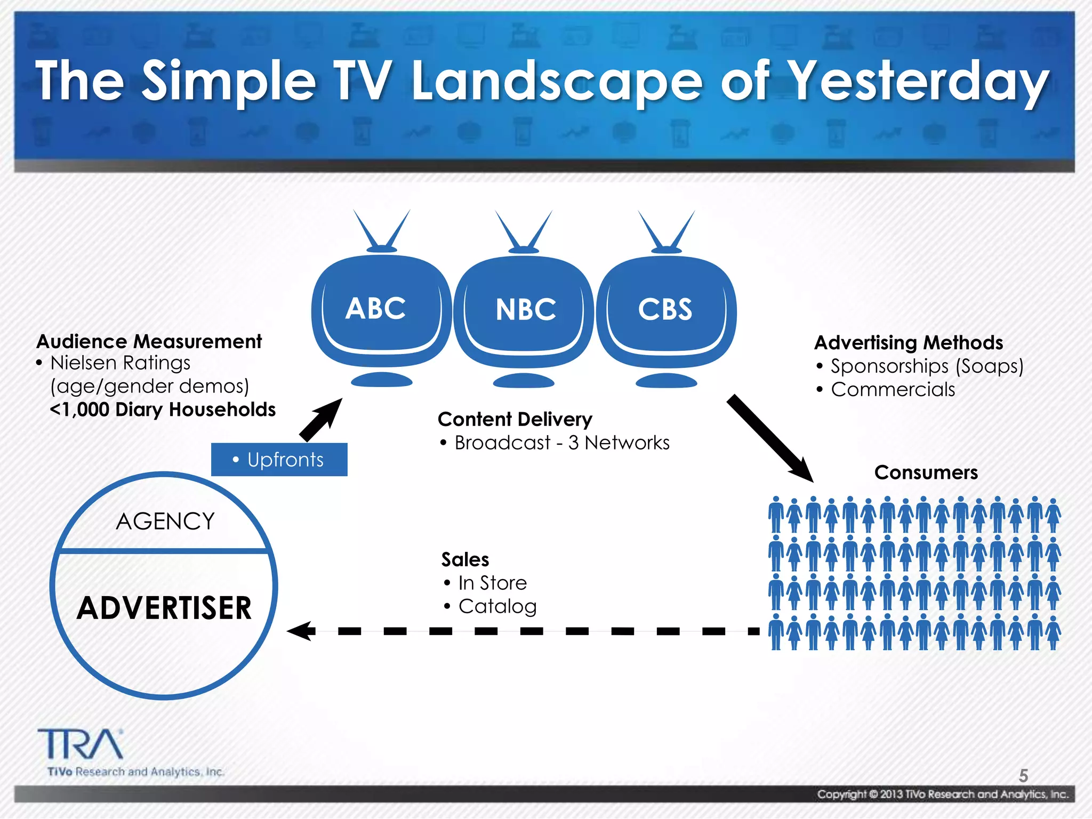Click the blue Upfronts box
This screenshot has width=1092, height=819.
pyautogui.click(x=279, y=460)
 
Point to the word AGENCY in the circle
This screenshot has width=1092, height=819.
pyautogui.click(x=165, y=521)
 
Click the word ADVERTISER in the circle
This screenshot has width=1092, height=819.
pyautogui.click(x=164, y=608)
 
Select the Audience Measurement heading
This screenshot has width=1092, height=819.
pyautogui.click(x=149, y=341)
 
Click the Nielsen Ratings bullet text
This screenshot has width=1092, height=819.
pyautogui.click(x=121, y=363)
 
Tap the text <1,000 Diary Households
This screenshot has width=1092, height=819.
pyautogui.click(x=163, y=409)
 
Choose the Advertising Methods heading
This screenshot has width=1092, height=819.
pyautogui.click(x=909, y=342)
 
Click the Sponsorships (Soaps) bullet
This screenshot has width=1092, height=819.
pyautogui.click(x=927, y=366)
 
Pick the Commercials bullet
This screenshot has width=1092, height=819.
pyautogui.click(x=893, y=390)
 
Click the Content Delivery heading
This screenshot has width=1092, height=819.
pyautogui.click(x=515, y=419)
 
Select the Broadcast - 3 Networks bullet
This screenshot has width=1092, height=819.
pyautogui.click(x=561, y=443)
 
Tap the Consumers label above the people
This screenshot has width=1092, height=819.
pyautogui.click(x=926, y=473)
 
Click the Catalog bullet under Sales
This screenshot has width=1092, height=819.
pyautogui.click(x=497, y=607)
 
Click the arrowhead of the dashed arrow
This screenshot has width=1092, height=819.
pyautogui.click(x=300, y=631)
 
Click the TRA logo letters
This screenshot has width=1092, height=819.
pyautogui.click(x=80, y=744)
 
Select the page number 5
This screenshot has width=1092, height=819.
pyautogui.click(x=1023, y=775)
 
